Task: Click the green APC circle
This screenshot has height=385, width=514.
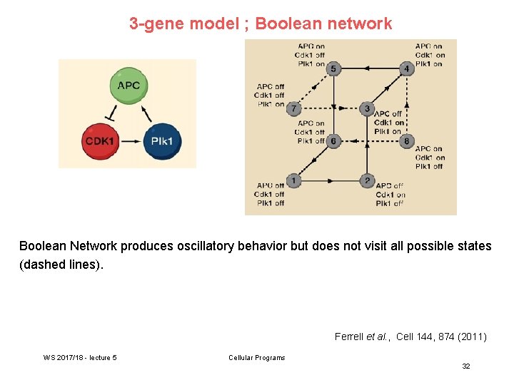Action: pos(128,86)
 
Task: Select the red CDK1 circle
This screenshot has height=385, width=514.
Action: pos(100,140)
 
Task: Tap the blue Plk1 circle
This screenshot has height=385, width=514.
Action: pos(162,140)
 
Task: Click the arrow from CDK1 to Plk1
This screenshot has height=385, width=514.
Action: pos(131,141)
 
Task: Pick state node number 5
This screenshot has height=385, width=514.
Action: pos(333,68)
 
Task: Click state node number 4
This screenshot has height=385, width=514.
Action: pos(406,68)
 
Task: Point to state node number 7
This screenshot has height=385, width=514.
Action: pos(294,108)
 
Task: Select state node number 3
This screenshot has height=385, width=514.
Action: pos(367,108)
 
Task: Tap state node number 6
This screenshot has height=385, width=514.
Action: pos(333,141)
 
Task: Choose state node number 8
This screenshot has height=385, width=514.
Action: pos(406,141)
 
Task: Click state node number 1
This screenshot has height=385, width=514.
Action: pos(294,181)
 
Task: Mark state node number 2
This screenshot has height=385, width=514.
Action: pos(367,181)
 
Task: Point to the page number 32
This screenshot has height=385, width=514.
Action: pos(465,366)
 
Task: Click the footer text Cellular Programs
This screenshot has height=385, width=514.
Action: pos(256,358)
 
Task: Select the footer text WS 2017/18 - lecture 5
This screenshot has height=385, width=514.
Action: pos(80,358)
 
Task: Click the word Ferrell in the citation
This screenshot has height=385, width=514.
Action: pos(349,337)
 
